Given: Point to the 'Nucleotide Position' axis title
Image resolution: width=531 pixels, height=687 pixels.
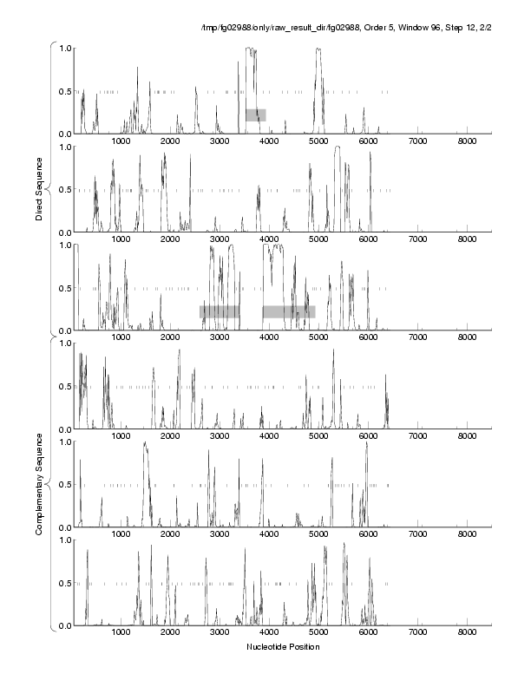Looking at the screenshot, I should [283, 647].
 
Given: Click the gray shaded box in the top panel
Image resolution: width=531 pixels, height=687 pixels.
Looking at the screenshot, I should [255, 114].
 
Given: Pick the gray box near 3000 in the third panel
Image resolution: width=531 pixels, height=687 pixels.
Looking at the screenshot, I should [220, 311].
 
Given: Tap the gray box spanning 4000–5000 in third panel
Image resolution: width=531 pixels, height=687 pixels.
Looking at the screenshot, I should [289, 311].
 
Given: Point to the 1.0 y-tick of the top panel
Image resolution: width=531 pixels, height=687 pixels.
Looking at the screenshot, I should [65, 48].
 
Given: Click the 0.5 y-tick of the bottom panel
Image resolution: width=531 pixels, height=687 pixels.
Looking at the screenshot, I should [65, 583].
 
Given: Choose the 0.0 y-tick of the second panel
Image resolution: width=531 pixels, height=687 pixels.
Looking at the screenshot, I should [65, 232].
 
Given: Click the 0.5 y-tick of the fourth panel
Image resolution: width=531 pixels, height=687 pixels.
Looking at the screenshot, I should [65, 386].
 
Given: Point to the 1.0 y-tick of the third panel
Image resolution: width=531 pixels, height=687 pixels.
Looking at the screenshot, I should [65, 245].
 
